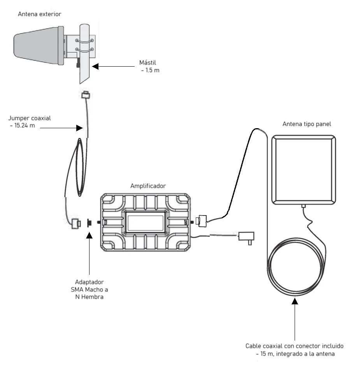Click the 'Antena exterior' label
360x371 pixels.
[x=39, y=14]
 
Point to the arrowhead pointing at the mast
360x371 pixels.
[x=95, y=67]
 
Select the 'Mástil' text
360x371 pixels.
[x=148, y=63]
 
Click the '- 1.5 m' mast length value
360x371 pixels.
[x=150, y=70]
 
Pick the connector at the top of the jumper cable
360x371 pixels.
[x=86, y=95]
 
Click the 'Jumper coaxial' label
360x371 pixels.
[x=30, y=118]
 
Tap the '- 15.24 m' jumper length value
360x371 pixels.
[x=23, y=125]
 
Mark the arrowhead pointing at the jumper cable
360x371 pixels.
[x=80, y=128]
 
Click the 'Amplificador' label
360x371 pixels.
[x=148, y=186]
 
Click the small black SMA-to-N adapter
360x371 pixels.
[x=90, y=223]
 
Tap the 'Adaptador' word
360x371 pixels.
[x=89, y=282]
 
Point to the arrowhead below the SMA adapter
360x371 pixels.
[x=89, y=235]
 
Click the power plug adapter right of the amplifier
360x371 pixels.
[x=246, y=237]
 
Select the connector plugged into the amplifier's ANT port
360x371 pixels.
[x=201, y=221]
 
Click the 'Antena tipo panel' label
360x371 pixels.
[x=307, y=124]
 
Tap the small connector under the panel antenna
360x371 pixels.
[x=304, y=206]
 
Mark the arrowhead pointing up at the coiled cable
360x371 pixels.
[x=295, y=301]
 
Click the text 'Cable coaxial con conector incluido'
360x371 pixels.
[x=294, y=346]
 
